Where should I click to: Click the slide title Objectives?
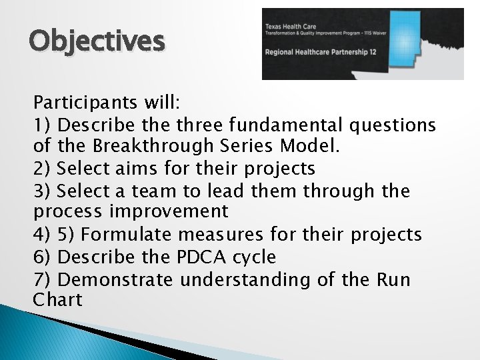(96, 41)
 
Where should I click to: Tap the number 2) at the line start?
(43, 169)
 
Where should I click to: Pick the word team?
(154, 191)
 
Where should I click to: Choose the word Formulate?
(126, 235)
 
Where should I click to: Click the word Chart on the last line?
(57, 301)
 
